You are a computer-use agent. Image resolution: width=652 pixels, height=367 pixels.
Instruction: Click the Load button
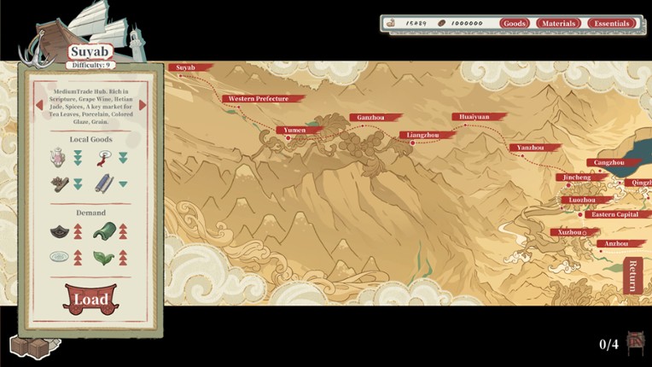coord(90,299)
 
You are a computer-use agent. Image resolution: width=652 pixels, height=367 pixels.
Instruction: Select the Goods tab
coord(515,23)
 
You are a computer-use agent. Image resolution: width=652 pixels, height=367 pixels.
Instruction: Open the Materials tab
coord(558,23)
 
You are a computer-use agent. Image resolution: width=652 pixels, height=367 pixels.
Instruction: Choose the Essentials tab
coord(611,23)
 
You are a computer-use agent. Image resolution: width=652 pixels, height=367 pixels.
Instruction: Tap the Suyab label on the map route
coord(187,67)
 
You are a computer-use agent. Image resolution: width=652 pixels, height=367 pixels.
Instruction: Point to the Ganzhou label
coord(370,118)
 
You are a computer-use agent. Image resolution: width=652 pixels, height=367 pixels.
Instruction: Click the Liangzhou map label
coord(422,135)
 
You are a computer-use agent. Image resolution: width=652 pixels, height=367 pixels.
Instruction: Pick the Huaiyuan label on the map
coord(474,117)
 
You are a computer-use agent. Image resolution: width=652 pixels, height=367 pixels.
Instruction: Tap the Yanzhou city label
coord(530,148)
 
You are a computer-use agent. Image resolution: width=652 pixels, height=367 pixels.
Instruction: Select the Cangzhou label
coord(608,162)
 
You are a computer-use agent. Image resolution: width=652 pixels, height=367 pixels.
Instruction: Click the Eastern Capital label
coord(614,214)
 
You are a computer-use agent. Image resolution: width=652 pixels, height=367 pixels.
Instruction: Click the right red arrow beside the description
coord(143,106)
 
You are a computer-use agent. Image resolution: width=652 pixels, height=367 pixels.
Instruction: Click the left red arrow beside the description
coord(38,106)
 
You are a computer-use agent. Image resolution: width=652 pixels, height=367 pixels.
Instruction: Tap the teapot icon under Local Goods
coord(58,157)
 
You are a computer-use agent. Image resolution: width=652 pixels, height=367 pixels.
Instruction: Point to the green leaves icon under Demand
coord(105,256)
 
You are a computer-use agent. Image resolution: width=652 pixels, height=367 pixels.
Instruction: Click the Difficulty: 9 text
coord(90,65)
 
